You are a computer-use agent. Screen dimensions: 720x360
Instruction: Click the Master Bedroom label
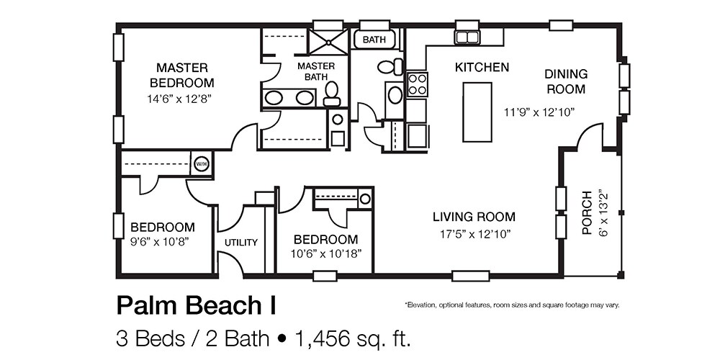182,76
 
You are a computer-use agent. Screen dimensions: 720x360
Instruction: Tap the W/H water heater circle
201,163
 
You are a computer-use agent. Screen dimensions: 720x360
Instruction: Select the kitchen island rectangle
477,112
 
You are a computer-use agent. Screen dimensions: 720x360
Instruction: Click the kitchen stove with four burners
417,84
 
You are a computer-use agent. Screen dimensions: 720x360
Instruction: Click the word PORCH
586,213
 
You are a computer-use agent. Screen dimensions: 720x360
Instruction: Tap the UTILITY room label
241,243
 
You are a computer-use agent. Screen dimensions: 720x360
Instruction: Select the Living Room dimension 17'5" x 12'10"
474,234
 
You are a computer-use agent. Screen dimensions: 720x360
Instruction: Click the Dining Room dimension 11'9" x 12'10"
539,112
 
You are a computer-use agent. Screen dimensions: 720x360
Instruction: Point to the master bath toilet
331,94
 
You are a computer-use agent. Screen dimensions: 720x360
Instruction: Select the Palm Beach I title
197,306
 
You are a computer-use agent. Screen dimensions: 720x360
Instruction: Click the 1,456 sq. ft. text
353,339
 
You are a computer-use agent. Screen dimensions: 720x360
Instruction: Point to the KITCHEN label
482,68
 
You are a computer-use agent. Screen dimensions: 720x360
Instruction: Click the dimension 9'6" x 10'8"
160,242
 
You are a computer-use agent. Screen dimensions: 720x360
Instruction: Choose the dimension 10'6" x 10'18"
326,254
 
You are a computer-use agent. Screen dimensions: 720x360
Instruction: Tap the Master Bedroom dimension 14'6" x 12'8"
182,98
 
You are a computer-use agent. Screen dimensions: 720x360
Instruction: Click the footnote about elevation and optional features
512,305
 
